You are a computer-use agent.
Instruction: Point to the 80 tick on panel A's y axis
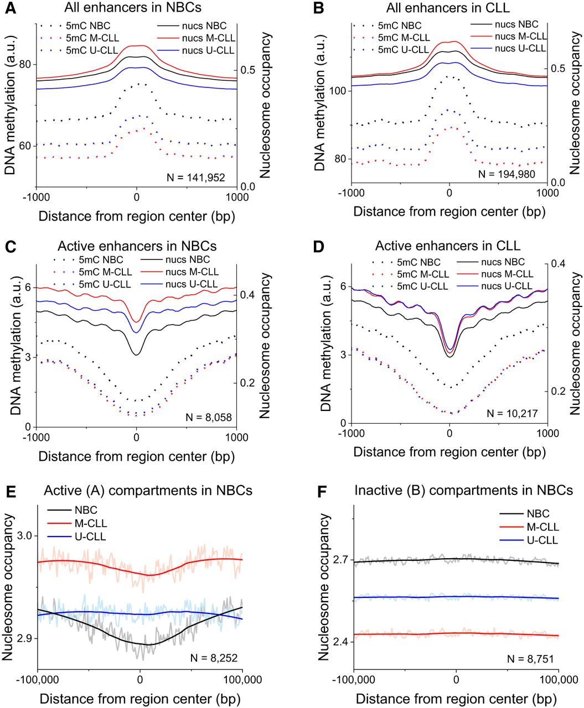pos(25,64)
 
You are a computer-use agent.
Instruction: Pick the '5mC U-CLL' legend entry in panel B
pos(402,49)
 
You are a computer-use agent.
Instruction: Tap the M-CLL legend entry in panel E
pos(90,523)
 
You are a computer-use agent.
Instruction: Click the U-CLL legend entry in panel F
pos(542,540)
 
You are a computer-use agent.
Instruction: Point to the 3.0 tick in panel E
pos(25,535)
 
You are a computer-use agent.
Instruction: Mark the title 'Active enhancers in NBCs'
pos(137,246)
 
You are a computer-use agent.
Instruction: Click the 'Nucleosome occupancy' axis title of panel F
pos(325,587)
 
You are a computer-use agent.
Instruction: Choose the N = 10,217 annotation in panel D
pos(512,413)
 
